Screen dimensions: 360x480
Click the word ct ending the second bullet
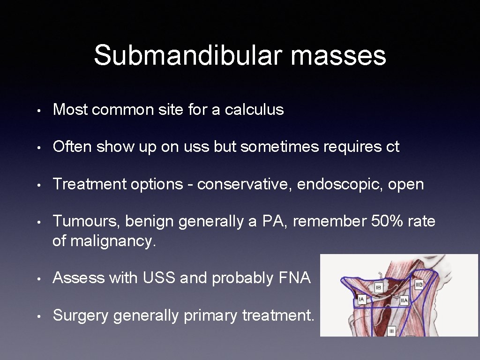[393, 147]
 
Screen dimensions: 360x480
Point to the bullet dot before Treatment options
[41, 185]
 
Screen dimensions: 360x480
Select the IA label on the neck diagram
[361, 299]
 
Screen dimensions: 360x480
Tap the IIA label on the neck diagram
[404, 300]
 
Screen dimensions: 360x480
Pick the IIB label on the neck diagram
[419, 284]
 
